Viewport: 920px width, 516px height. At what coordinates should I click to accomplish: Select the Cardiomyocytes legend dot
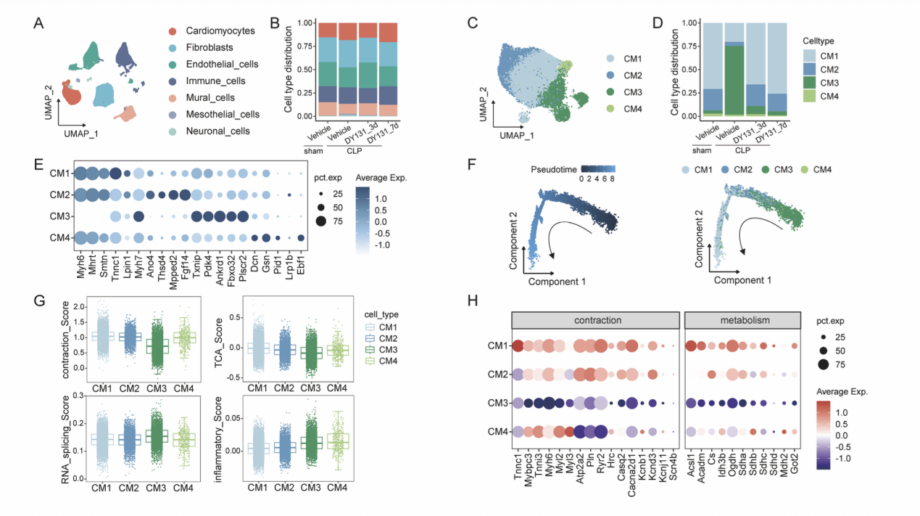click(x=173, y=31)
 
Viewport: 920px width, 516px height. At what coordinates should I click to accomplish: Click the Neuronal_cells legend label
click(x=217, y=131)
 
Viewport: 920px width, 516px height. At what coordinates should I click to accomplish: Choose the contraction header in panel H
click(x=594, y=320)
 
